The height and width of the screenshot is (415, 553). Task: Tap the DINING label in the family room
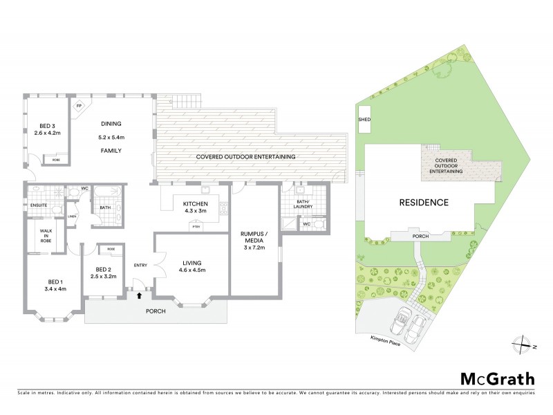point(111,125)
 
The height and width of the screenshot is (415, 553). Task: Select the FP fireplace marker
point(79,106)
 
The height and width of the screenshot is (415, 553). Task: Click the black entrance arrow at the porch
point(140,295)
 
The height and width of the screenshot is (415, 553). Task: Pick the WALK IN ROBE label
point(46,236)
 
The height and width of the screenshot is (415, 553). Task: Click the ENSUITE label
point(38,205)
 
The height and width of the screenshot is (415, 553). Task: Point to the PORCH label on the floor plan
point(155,311)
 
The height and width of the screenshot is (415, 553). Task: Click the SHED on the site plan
point(364,119)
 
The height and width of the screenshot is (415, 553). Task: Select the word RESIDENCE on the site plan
point(424,203)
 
